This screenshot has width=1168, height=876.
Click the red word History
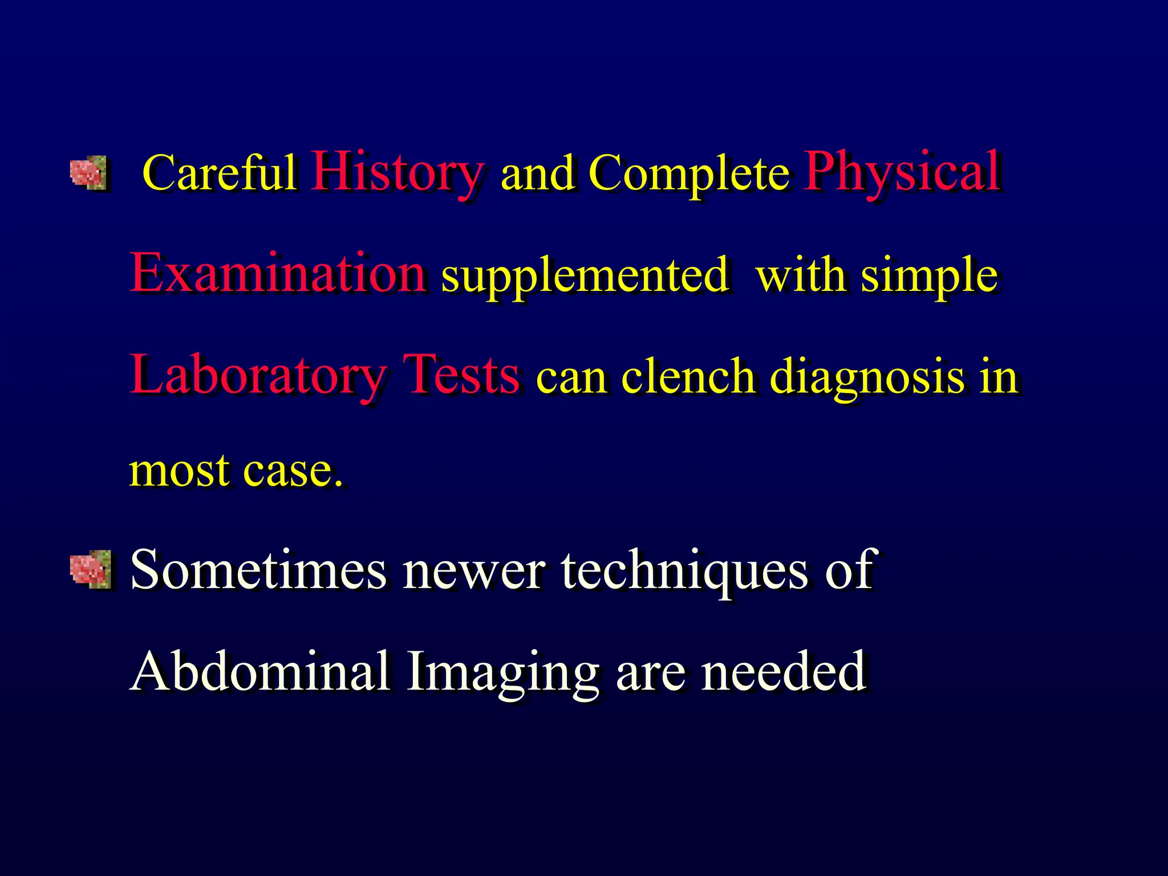click(x=398, y=172)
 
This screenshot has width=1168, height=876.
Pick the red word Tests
click(x=461, y=375)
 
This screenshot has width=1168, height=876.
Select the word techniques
click(x=684, y=570)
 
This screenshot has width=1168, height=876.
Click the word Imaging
click(x=502, y=673)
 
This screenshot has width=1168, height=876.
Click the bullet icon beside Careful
click(x=88, y=173)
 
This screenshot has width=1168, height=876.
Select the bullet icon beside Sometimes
click(x=90, y=569)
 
